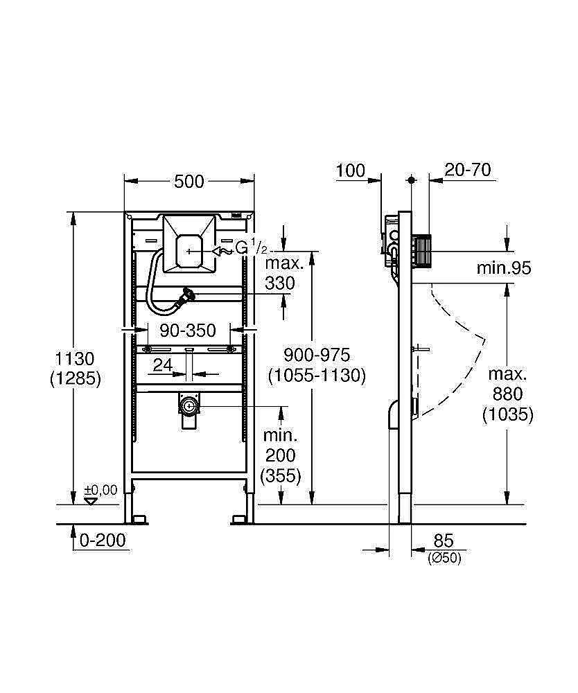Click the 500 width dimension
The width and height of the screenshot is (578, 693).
point(189,182)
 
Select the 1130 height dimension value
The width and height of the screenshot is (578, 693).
point(76,359)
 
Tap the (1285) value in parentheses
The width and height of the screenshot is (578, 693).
point(76,378)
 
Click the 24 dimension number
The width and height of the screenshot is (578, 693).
point(163,365)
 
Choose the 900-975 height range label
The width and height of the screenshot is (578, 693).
point(317,355)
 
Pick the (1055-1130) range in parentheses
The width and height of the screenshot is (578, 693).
point(317,375)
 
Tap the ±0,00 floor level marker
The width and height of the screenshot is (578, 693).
point(100,491)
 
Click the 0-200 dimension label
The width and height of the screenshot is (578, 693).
point(103,540)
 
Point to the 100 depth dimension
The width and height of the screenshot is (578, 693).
point(351,170)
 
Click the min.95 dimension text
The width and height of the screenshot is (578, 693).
point(504,268)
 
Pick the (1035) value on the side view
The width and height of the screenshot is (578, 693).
point(508,415)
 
